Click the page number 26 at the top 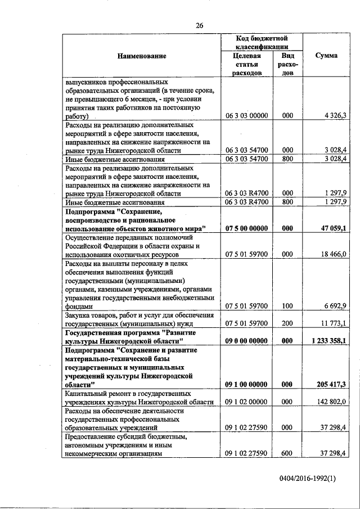[x=200, y=25]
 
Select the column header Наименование [x=142, y=56]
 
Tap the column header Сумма [x=326, y=56]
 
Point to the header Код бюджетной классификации [x=262, y=42]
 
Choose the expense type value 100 [x=287, y=305]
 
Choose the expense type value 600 [x=287, y=453]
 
